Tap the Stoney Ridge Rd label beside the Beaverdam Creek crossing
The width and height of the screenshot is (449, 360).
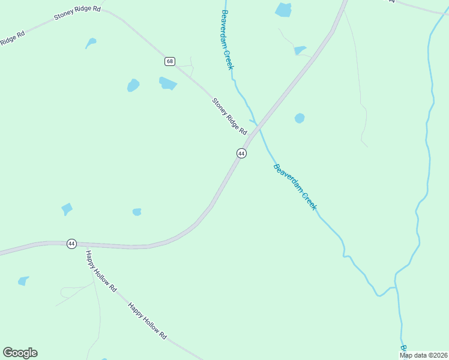pos(229,116)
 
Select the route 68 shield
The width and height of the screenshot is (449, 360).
pos(170,61)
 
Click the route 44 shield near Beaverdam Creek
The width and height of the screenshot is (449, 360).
pos(241,154)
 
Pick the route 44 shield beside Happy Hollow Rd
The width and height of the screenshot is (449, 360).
pos(71,244)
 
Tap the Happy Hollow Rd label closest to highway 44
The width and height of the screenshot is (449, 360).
pos(101,271)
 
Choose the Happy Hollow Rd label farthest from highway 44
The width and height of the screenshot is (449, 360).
pos(146,322)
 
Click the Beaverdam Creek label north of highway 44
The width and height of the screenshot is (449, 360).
pos(227,40)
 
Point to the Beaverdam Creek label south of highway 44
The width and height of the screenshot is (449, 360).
pos(295,186)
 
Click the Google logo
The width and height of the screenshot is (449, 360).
pos(20,353)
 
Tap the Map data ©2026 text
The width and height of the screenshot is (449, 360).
pos(423,355)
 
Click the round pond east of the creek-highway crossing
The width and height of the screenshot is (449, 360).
pos(300,118)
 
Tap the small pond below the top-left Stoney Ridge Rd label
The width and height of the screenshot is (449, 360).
pos(91,43)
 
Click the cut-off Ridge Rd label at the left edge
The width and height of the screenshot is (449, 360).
pos(12,38)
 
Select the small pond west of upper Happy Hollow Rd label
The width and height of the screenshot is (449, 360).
pos(23,280)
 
